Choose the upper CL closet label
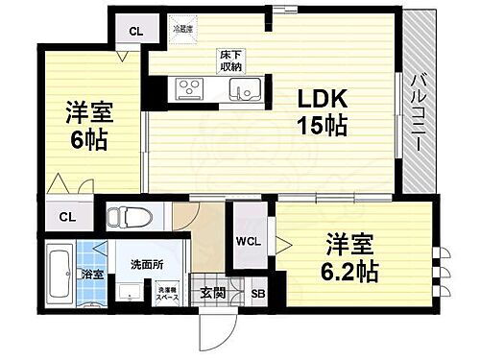[x=138, y=30]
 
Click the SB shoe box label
[x=257, y=295]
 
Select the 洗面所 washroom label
[x=147, y=260]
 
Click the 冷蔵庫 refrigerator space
[x=182, y=31]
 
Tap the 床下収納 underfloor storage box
[x=228, y=60]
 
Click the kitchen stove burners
[x=188, y=90]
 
